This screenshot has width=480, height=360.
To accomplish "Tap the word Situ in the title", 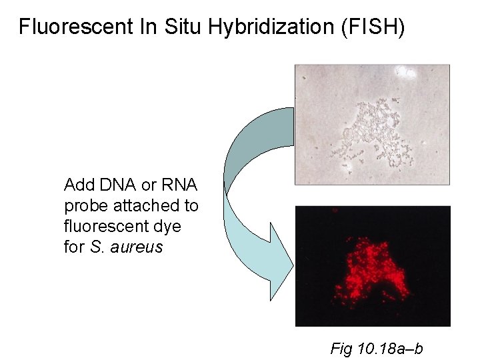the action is pos(184,27).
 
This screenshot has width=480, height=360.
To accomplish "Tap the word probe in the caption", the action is pos(83,206).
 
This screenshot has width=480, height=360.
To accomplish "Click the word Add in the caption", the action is pos(77,185).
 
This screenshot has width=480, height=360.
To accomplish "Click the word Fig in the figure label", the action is pos(342,349).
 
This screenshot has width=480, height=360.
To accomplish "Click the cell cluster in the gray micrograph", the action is pos(377,133).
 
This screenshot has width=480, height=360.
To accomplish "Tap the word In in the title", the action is pos(147,27).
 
